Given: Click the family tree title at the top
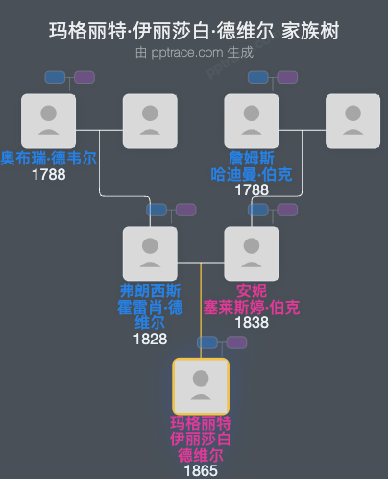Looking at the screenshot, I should [194, 32].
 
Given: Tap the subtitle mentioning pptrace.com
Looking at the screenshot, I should [194, 52].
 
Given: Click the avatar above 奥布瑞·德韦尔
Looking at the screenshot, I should [48, 121].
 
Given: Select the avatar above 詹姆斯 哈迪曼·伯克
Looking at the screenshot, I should [252, 121].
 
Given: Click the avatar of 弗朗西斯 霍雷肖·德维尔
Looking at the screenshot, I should [150, 254].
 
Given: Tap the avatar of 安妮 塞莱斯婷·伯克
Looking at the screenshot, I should [252, 254].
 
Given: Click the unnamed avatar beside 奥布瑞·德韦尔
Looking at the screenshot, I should [150, 121].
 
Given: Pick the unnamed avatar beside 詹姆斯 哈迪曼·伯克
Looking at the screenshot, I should [353, 121].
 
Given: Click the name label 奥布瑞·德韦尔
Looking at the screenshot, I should [48, 159].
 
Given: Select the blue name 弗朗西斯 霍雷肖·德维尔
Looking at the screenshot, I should [150, 307].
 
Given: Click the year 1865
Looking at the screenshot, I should [201, 470].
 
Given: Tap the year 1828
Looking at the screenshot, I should [150, 339].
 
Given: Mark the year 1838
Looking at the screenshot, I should [252, 323].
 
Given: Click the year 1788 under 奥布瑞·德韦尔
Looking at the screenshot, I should [48, 175].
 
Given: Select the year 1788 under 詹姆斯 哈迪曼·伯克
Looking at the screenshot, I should [252, 190].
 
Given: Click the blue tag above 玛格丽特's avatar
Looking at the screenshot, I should [209, 342].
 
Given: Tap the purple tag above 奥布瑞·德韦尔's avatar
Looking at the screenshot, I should [85, 77].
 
